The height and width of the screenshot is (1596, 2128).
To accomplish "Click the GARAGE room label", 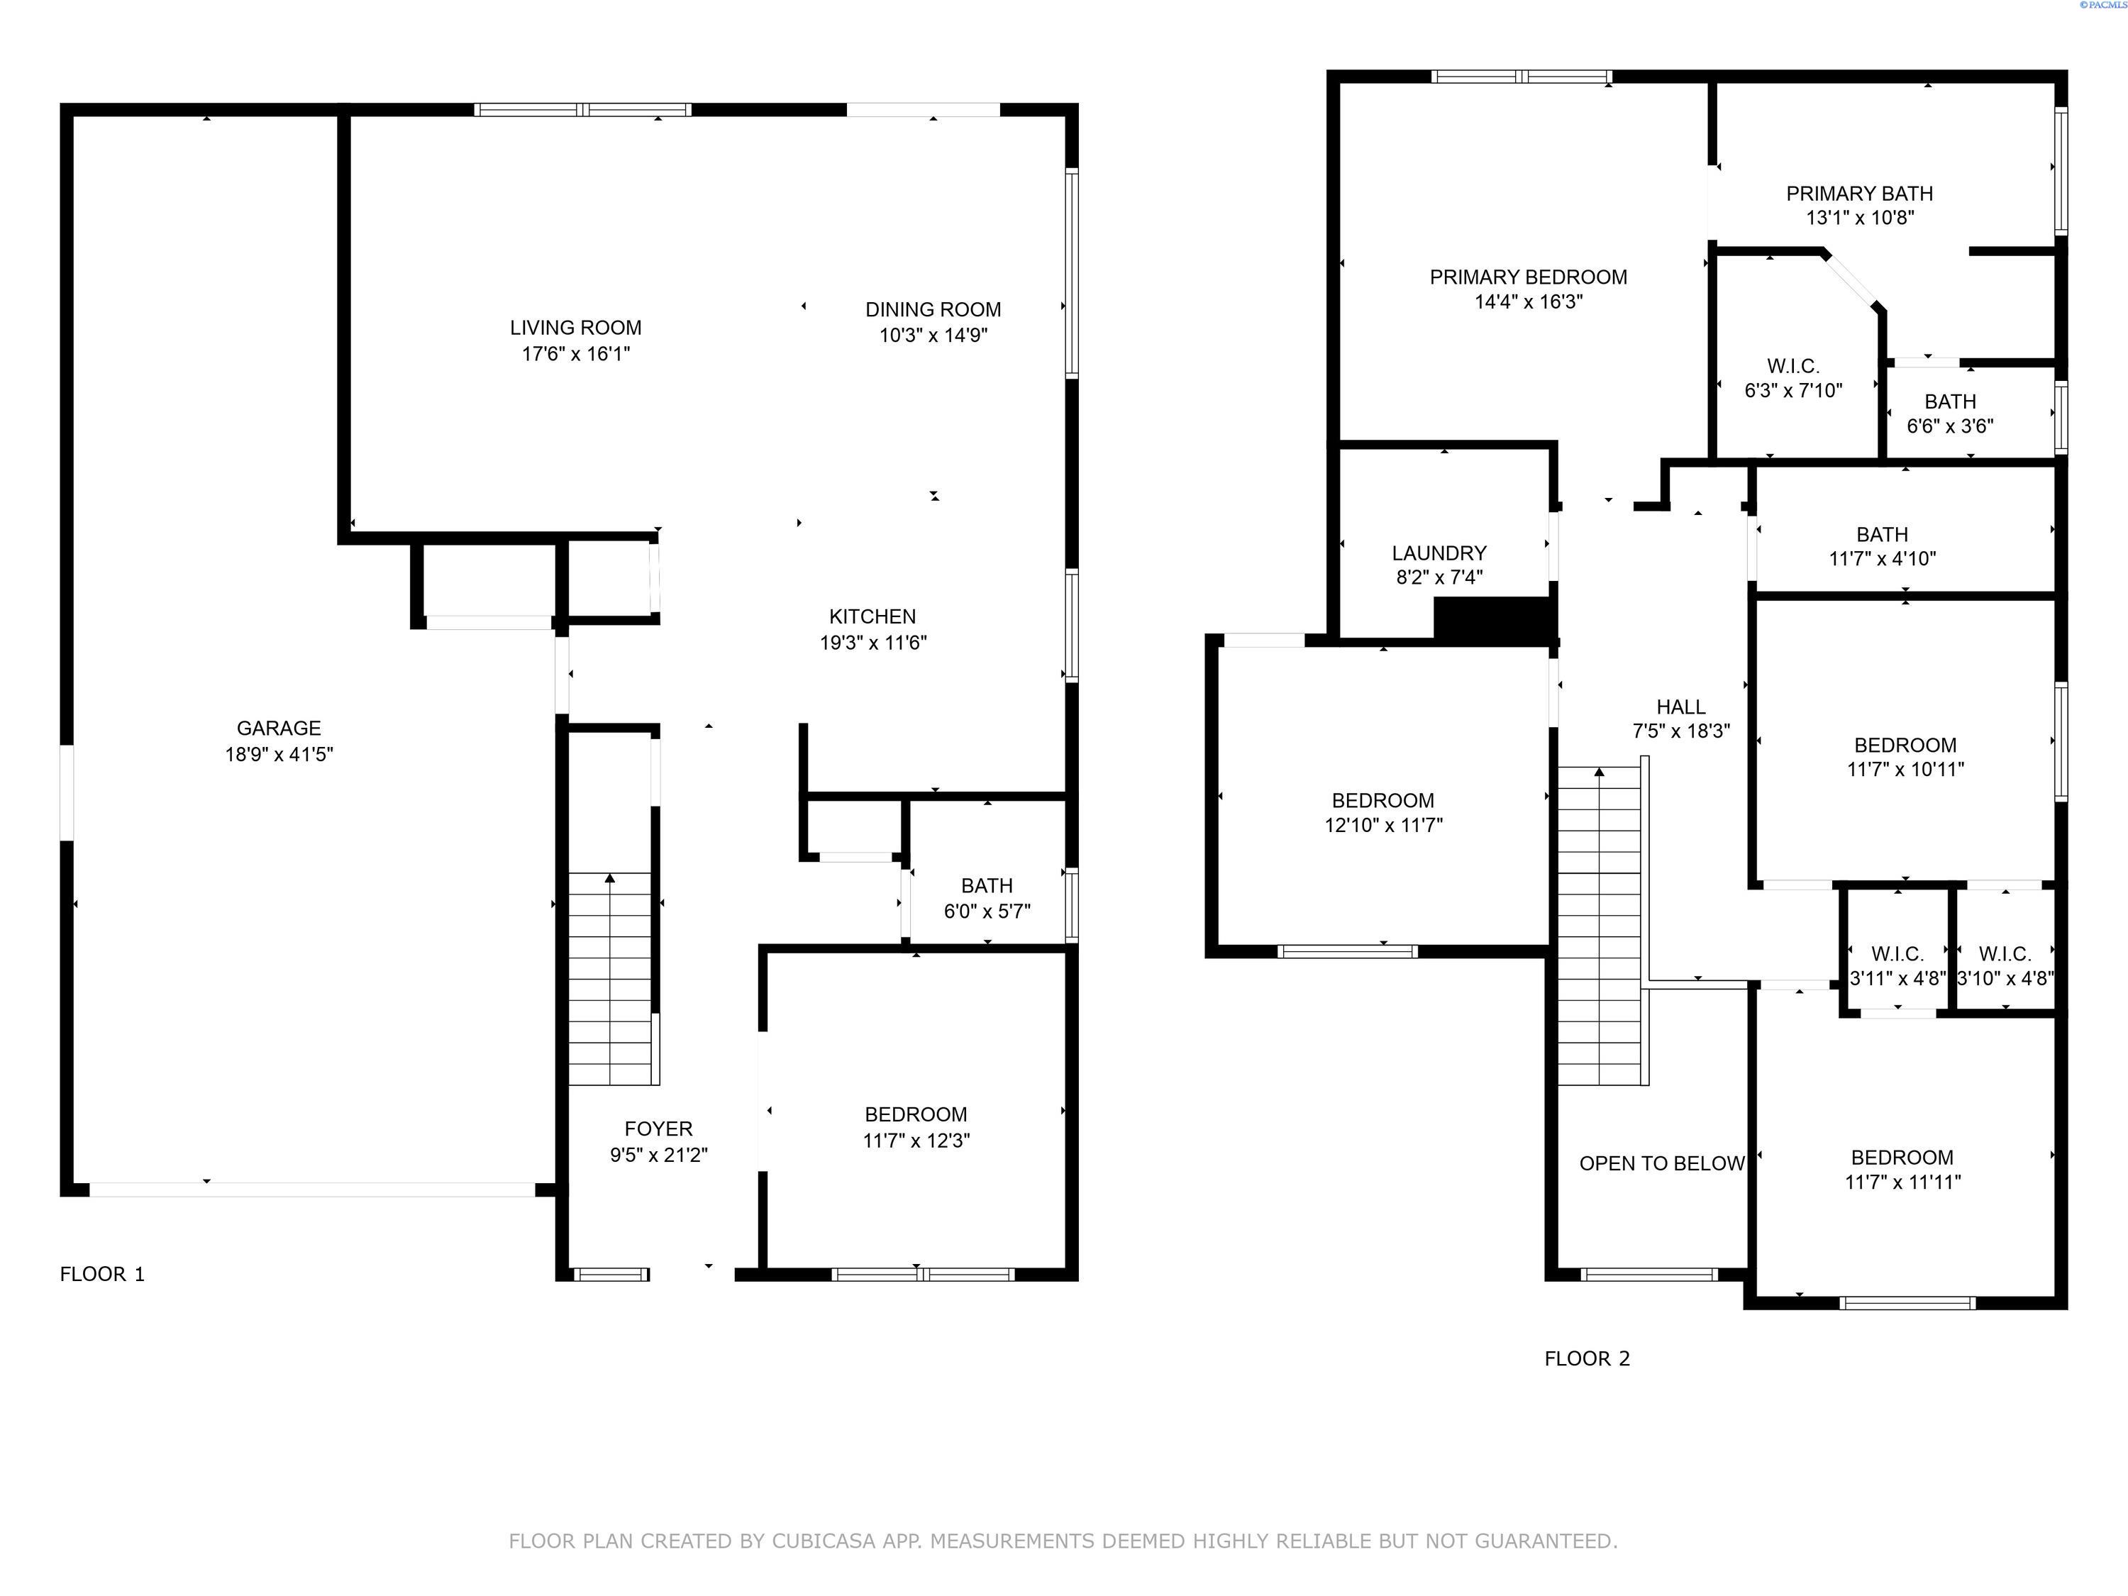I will click(x=279, y=728).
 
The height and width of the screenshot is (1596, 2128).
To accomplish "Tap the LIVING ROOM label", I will click(x=575, y=328).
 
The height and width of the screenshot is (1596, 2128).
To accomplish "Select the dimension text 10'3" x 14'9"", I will click(x=933, y=336).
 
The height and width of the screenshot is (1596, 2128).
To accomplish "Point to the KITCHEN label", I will click(x=872, y=616).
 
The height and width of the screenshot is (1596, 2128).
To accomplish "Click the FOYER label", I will click(x=658, y=1129).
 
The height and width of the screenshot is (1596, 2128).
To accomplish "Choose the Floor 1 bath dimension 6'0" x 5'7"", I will click(x=987, y=911).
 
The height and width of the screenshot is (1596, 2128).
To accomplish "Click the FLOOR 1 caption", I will click(x=102, y=1274).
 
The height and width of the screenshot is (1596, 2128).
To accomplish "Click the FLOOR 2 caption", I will click(x=1586, y=1358).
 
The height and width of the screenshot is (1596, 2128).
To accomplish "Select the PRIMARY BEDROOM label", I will click(x=1528, y=277).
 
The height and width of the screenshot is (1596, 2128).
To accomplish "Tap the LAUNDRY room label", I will click(x=1439, y=553).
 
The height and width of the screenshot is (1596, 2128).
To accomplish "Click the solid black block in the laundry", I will click(x=1492, y=619).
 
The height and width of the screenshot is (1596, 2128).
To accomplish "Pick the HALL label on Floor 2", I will click(x=1680, y=707).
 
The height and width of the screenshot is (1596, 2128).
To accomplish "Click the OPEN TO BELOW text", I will click(x=1661, y=1163).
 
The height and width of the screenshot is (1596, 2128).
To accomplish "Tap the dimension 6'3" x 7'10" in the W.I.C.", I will click(x=1793, y=391).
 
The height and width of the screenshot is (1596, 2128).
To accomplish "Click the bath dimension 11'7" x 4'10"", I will click(x=1882, y=559).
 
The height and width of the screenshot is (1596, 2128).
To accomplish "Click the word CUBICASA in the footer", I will click(x=823, y=1541).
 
